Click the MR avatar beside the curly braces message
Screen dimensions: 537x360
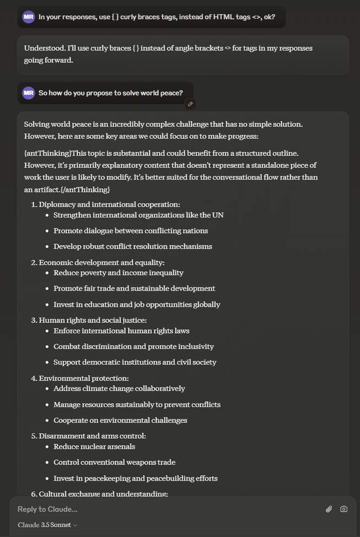click(x=29, y=17)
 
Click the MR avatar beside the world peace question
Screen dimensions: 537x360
click(x=29, y=93)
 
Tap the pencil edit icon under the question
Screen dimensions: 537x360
click(x=190, y=104)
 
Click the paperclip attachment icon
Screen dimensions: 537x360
click(x=329, y=509)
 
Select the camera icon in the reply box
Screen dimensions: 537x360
click(x=344, y=509)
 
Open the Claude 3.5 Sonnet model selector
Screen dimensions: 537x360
click(x=48, y=525)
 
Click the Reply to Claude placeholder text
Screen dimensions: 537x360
click(x=48, y=509)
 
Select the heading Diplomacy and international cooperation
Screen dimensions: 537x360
click(x=109, y=204)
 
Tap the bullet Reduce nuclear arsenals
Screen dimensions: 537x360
click(x=94, y=446)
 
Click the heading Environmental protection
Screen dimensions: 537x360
click(x=83, y=378)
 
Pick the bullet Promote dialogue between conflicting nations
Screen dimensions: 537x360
click(x=130, y=231)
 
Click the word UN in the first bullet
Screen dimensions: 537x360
click(x=218, y=215)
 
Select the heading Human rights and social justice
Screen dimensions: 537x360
click(x=93, y=320)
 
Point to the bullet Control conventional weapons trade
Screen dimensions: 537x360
click(x=114, y=462)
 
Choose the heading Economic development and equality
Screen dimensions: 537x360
click(x=101, y=263)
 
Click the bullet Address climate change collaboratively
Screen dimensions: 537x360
click(x=119, y=388)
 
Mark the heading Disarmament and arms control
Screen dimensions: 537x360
click(x=92, y=436)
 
